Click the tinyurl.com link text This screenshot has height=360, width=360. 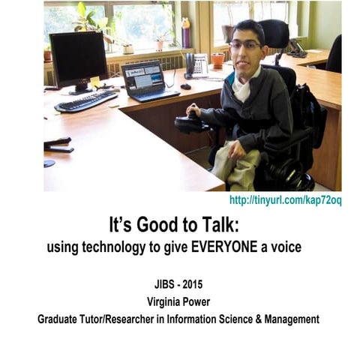(285, 200)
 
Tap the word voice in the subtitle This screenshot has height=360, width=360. (284, 247)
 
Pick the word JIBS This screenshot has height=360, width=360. (162, 284)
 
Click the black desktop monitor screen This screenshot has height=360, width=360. (77, 58)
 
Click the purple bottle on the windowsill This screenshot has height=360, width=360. (185, 34)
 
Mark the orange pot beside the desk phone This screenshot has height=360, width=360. (217, 59)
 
